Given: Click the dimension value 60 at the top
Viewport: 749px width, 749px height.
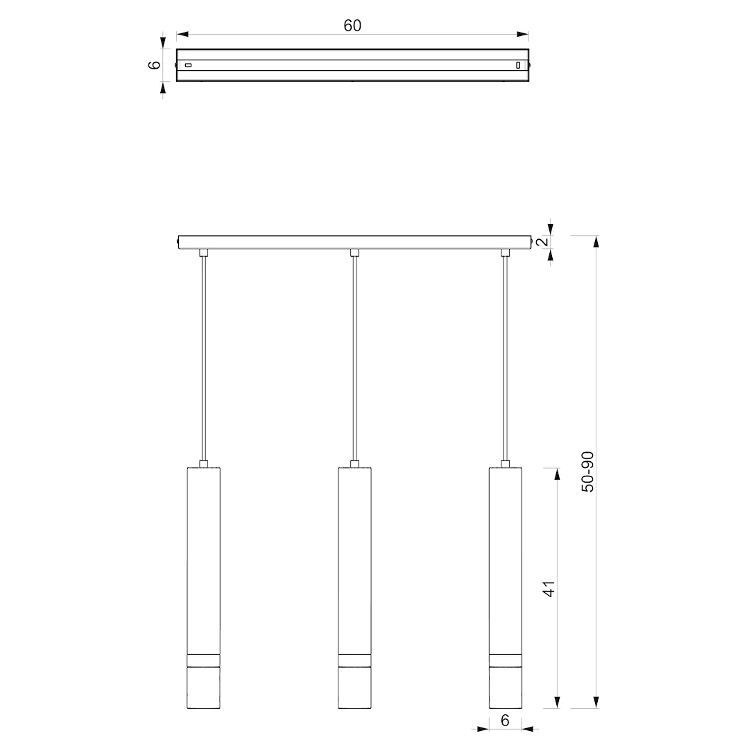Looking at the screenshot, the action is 352,26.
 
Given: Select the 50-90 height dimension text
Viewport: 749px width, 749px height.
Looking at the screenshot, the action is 587,472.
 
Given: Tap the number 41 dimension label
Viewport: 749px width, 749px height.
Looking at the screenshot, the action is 549,589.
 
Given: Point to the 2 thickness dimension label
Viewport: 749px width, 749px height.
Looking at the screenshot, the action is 543,242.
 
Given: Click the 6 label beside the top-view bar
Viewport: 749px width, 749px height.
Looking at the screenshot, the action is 155,65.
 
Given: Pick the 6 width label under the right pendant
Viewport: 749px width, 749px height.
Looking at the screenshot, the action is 506,721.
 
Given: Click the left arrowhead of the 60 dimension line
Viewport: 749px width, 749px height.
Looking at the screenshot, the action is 182,35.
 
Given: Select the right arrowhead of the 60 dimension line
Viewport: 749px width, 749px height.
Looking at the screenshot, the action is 523,35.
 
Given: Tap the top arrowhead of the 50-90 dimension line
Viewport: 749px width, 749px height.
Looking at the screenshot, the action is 596,242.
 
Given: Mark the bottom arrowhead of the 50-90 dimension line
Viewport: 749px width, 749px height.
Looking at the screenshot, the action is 596,702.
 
